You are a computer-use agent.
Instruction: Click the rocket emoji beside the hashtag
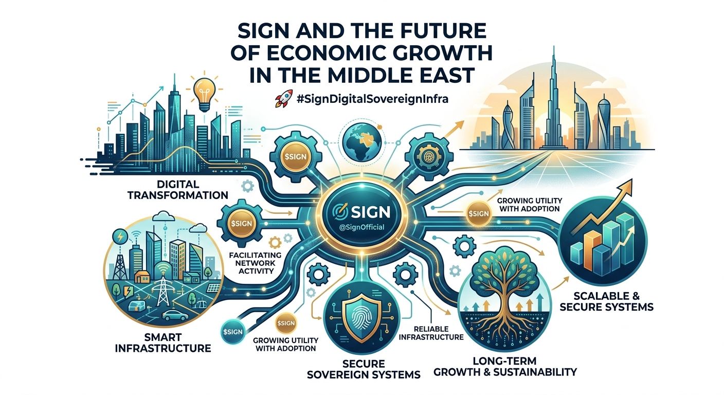[281, 98]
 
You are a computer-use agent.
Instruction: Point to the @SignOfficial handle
[363, 225]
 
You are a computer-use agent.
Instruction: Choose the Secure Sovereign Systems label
[363, 367]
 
